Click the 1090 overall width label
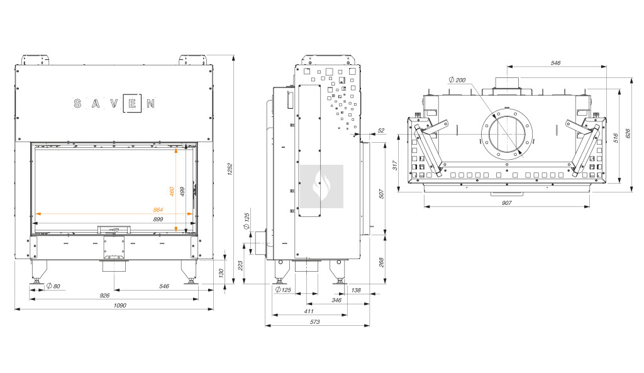(120, 305)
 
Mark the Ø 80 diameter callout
(53, 287)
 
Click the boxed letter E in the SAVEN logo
(131, 103)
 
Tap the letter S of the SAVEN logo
(77, 103)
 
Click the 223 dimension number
(240, 266)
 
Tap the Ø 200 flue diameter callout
(457, 80)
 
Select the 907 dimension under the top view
(507, 203)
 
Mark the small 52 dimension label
(381, 130)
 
